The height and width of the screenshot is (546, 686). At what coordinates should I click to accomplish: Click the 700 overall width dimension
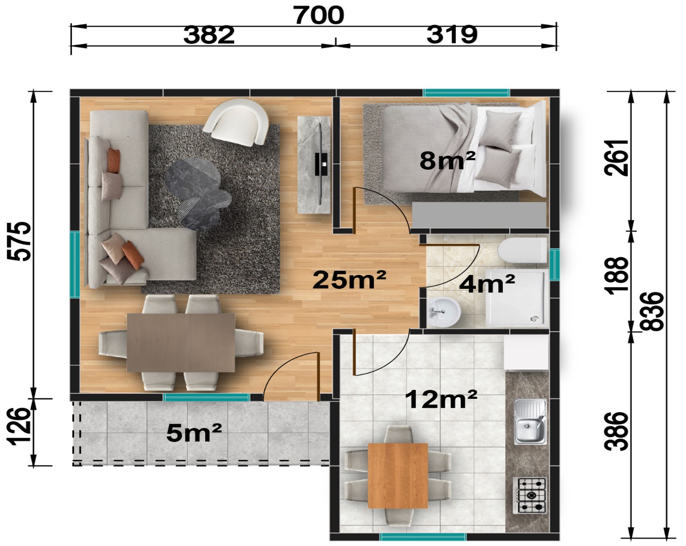(x=319, y=15)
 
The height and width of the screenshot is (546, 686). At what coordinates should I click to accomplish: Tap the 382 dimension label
(x=209, y=35)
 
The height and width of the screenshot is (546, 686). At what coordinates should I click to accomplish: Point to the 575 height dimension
(x=19, y=242)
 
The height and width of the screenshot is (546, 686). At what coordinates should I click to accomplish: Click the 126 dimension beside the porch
(x=19, y=426)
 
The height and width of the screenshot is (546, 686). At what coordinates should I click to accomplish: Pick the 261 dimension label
(x=616, y=157)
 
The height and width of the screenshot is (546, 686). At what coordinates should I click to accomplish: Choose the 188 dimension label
(x=616, y=275)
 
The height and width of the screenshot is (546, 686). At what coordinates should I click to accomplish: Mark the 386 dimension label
(x=616, y=431)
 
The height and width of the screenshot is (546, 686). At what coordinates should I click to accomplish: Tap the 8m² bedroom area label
(x=447, y=160)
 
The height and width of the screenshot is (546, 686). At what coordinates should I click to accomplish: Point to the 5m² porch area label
(x=194, y=433)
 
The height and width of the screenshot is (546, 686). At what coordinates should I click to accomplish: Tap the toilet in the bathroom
(x=522, y=250)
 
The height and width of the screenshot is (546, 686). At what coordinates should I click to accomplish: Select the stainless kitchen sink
(x=530, y=422)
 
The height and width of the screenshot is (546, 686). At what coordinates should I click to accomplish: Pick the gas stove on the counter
(x=529, y=495)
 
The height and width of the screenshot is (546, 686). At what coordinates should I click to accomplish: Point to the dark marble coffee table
(x=198, y=194)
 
